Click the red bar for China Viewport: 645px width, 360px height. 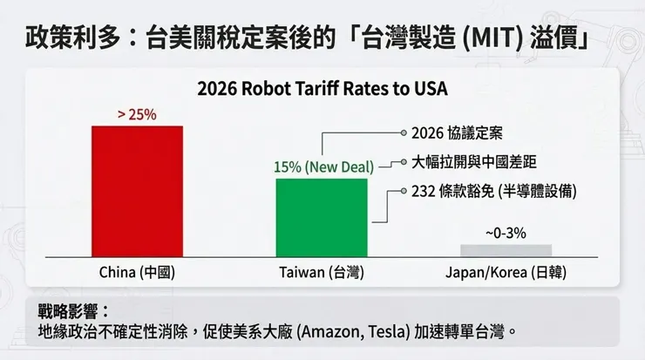click(137, 191)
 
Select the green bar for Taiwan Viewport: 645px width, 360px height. click(322, 217)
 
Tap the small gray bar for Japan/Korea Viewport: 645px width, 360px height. click(506, 250)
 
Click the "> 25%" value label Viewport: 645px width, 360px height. click(137, 114)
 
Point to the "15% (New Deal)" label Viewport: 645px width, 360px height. click(322, 166)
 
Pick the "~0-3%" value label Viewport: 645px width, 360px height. click(506, 234)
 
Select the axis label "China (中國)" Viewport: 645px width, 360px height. click(138, 272)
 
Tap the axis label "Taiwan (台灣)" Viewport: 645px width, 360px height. click(322, 272)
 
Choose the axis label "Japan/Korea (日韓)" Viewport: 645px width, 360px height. click(506, 272)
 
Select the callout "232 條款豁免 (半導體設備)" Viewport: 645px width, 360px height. click(493, 190)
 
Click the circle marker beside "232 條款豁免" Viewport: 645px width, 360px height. click(404, 190)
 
